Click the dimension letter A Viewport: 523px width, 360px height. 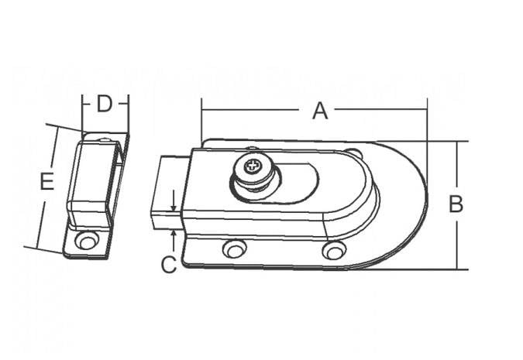pyautogui.click(x=320, y=111)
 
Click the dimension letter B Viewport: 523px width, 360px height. pyautogui.click(x=456, y=204)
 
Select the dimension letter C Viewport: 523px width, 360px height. pyautogui.click(x=169, y=265)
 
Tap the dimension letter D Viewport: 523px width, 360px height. pyautogui.click(x=104, y=104)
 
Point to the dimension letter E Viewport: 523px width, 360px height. pyautogui.click(x=47, y=182)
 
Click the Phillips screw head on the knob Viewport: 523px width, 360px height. pyautogui.click(x=251, y=166)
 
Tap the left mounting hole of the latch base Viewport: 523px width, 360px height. pyautogui.click(x=235, y=249)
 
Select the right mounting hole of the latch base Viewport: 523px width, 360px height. pyautogui.click(x=334, y=250)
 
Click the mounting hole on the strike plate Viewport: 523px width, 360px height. pyautogui.click(x=87, y=240)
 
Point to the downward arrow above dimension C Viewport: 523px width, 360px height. pyautogui.click(x=174, y=201)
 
